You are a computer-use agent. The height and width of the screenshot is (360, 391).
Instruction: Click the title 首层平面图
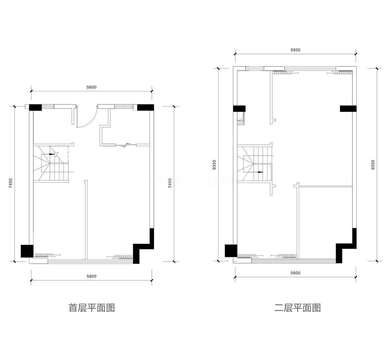pos(92,308)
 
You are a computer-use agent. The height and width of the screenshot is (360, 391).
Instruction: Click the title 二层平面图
pos(297,308)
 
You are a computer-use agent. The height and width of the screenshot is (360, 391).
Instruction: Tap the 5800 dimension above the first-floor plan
pos(91,87)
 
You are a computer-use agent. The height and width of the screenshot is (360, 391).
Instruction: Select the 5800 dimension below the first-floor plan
pos(91,276)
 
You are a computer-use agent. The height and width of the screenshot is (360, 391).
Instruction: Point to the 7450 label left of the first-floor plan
pos(11,184)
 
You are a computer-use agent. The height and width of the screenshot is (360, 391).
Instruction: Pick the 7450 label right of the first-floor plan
pos(170,184)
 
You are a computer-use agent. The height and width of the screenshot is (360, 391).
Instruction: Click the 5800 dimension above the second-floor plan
pos(295,50)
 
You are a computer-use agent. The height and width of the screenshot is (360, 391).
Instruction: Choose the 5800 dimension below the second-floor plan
pos(295,273)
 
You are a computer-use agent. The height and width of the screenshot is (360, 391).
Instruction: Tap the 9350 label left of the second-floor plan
pos(214,165)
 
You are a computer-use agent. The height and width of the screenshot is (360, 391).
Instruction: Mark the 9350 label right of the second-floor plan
pos(373,165)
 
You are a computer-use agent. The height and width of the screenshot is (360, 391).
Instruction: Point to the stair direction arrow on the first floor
pos(52,154)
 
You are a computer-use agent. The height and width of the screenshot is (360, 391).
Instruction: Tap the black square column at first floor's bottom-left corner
pos(27,251)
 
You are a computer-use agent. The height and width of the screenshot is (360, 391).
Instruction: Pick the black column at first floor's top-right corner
pos(146,107)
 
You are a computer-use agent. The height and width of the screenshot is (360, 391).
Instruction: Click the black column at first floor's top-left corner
pos(35,107)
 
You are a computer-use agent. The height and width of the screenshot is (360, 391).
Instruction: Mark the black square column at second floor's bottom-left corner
pos(231,251)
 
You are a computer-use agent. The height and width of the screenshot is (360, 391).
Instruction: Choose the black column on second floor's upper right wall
pos(348,109)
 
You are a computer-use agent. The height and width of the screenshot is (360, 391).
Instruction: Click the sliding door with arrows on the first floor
pos(126,145)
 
